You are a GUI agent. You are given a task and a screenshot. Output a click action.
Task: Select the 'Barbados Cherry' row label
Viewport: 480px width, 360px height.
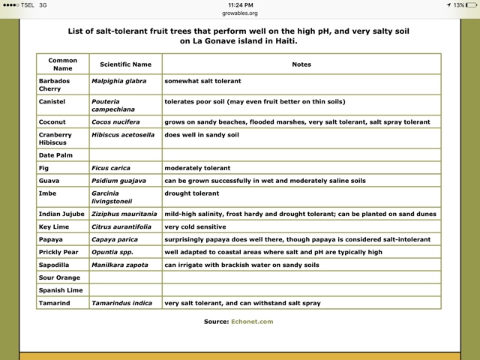coord(57,84)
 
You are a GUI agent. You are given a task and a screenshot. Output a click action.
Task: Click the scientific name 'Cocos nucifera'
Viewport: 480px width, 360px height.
coord(116,121)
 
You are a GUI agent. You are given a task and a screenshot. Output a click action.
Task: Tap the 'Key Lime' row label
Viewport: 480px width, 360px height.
coord(55,226)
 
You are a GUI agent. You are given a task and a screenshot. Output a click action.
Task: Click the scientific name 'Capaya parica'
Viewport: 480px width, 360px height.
coord(115,238)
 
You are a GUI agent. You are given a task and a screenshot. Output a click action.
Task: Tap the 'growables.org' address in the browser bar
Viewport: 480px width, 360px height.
coord(240,13)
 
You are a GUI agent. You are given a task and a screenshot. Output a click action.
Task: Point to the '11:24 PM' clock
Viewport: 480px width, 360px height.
coord(240,4)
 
